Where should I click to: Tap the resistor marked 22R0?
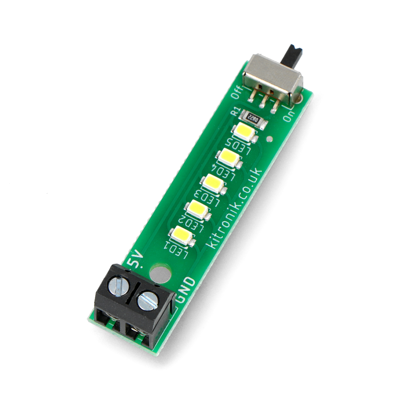click(x=253, y=118)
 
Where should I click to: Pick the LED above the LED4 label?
click(x=229, y=157)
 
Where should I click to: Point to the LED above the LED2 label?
click(x=198, y=209)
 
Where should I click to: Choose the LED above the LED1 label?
click(x=182, y=235)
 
